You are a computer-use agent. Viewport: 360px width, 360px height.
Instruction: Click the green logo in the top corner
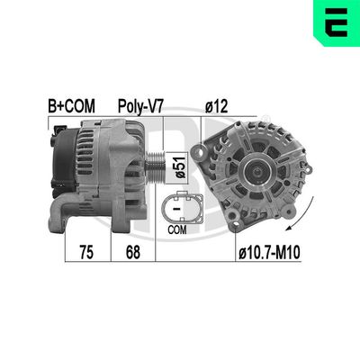pyautogui.click(x=337, y=21)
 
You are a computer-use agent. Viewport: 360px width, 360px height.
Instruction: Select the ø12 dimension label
pyautogui.click(x=218, y=105)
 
